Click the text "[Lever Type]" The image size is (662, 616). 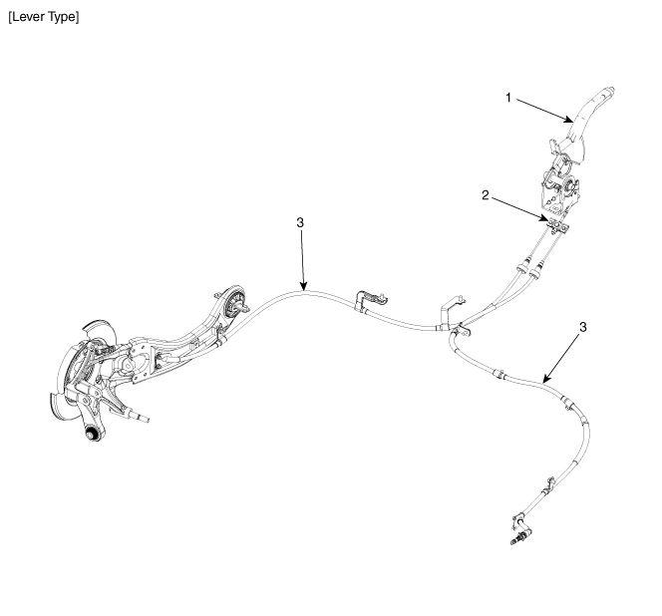(x=44, y=17)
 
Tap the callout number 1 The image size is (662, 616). (x=508, y=98)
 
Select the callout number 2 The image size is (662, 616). (x=486, y=195)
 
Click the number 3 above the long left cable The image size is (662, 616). (x=300, y=222)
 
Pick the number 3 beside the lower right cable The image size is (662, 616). (x=582, y=327)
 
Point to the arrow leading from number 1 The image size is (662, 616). (x=544, y=111)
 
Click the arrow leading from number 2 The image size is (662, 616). (x=520, y=208)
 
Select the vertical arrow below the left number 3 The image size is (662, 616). (x=302, y=260)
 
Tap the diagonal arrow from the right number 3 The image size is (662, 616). (x=561, y=359)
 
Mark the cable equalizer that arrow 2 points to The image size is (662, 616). (x=557, y=225)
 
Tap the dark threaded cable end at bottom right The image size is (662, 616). (x=517, y=540)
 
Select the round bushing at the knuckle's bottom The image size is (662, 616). (x=93, y=434)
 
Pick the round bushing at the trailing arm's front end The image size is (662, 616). (x=232, y=305)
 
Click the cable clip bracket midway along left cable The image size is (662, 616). (x=370, y=299)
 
